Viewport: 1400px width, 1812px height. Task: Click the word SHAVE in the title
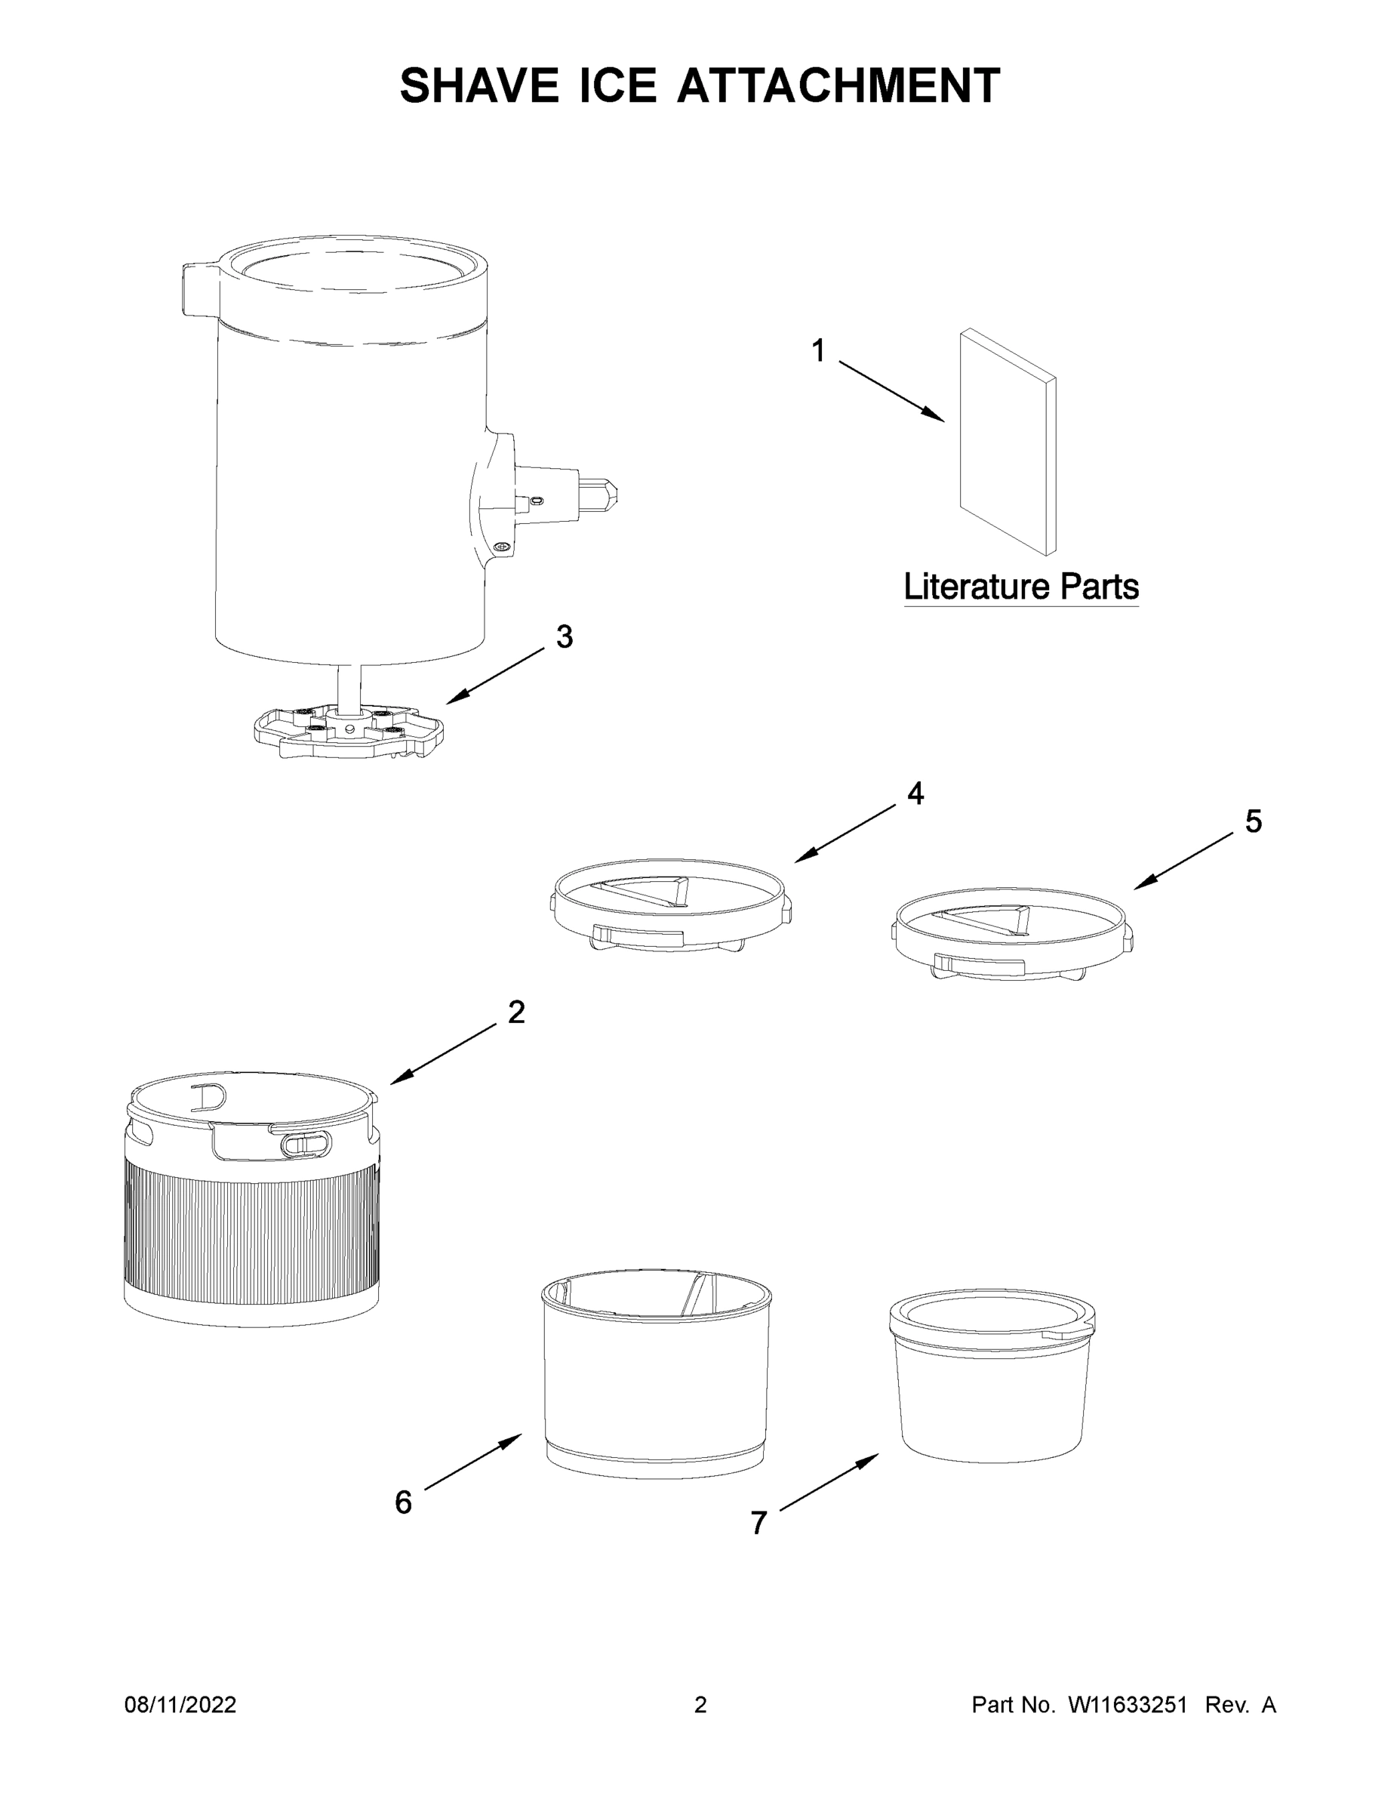pyautogui.click(x=478, y=85)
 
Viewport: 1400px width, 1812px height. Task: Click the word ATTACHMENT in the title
pyautogui.click(x=838, y=85)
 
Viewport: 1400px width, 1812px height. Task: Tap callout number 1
pyautogui.click(x=818, y=351)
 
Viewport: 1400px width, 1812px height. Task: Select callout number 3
pyautogui.click(x=564, y=637)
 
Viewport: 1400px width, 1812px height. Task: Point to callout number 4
pyautogui.click(x=915, y=794)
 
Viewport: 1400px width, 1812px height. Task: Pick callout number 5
pyautogui.click(x=1253, y=821)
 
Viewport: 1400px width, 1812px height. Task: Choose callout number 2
pyautogui.click(x=516, y=1012)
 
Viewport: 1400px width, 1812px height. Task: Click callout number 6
pyautogui.click(x=403, y=1502)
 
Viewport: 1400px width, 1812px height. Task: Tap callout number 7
pyautogui.click(x=758, y=1524)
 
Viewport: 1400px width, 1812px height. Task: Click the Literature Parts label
pyautogui.click(x=1020, y=587)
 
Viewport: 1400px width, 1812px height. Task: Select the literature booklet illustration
pyautogui.click(x=1007, y=442)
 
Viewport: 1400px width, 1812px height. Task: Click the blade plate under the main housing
pyautogui.click(x=349, y=729)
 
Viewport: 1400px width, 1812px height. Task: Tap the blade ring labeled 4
pyautogui.click(x=670, y=905)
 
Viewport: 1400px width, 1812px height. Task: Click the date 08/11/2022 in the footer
pyautogui.click(x=180, y=1705)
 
